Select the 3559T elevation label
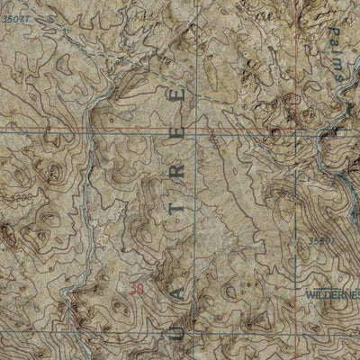click(320, 241)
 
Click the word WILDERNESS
click(332, 294)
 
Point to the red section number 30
click(137, 289)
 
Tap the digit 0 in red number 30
click(140, 289)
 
